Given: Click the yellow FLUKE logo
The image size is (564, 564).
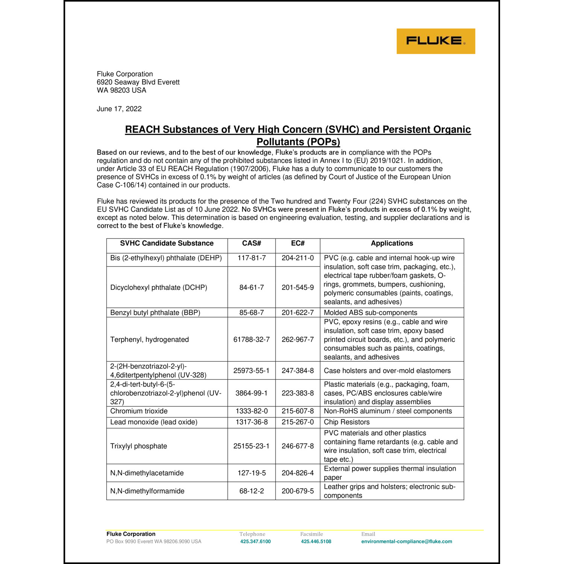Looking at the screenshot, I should coord(435,41).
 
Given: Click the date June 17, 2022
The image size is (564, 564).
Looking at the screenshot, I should coord(119,109).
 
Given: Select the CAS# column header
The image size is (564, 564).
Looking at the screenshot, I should coord(252,244).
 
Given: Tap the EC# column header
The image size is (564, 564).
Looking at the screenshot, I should coord(298,244).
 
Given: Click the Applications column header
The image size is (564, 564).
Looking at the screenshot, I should coord(392,244).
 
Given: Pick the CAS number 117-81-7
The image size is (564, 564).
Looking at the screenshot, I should coord(252,258).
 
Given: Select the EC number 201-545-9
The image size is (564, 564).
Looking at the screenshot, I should coord(298,288).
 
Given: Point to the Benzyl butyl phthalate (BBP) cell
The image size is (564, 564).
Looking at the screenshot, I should coord(155,313).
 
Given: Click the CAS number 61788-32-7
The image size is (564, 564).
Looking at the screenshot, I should coord(252,340).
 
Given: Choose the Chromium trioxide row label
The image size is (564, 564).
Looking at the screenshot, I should coord(139,411).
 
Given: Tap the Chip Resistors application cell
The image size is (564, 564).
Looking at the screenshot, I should coord(347,422).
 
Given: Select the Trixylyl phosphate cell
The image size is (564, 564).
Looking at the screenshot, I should coord(139,446).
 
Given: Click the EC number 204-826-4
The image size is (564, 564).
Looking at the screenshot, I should coord(298,473).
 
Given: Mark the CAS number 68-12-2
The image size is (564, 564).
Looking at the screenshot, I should coord(252,491).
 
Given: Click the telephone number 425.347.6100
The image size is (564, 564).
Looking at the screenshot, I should coord(255,542).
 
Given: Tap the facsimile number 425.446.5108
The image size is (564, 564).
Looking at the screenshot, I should coord(316,542).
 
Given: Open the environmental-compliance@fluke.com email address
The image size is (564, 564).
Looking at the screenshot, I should coord(406,542).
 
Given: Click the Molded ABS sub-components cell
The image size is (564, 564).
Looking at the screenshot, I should coord(370,313).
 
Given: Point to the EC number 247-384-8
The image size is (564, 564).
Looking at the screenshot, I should coord(298,371).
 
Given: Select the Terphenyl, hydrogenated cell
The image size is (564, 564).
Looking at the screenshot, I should coord(150,340).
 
